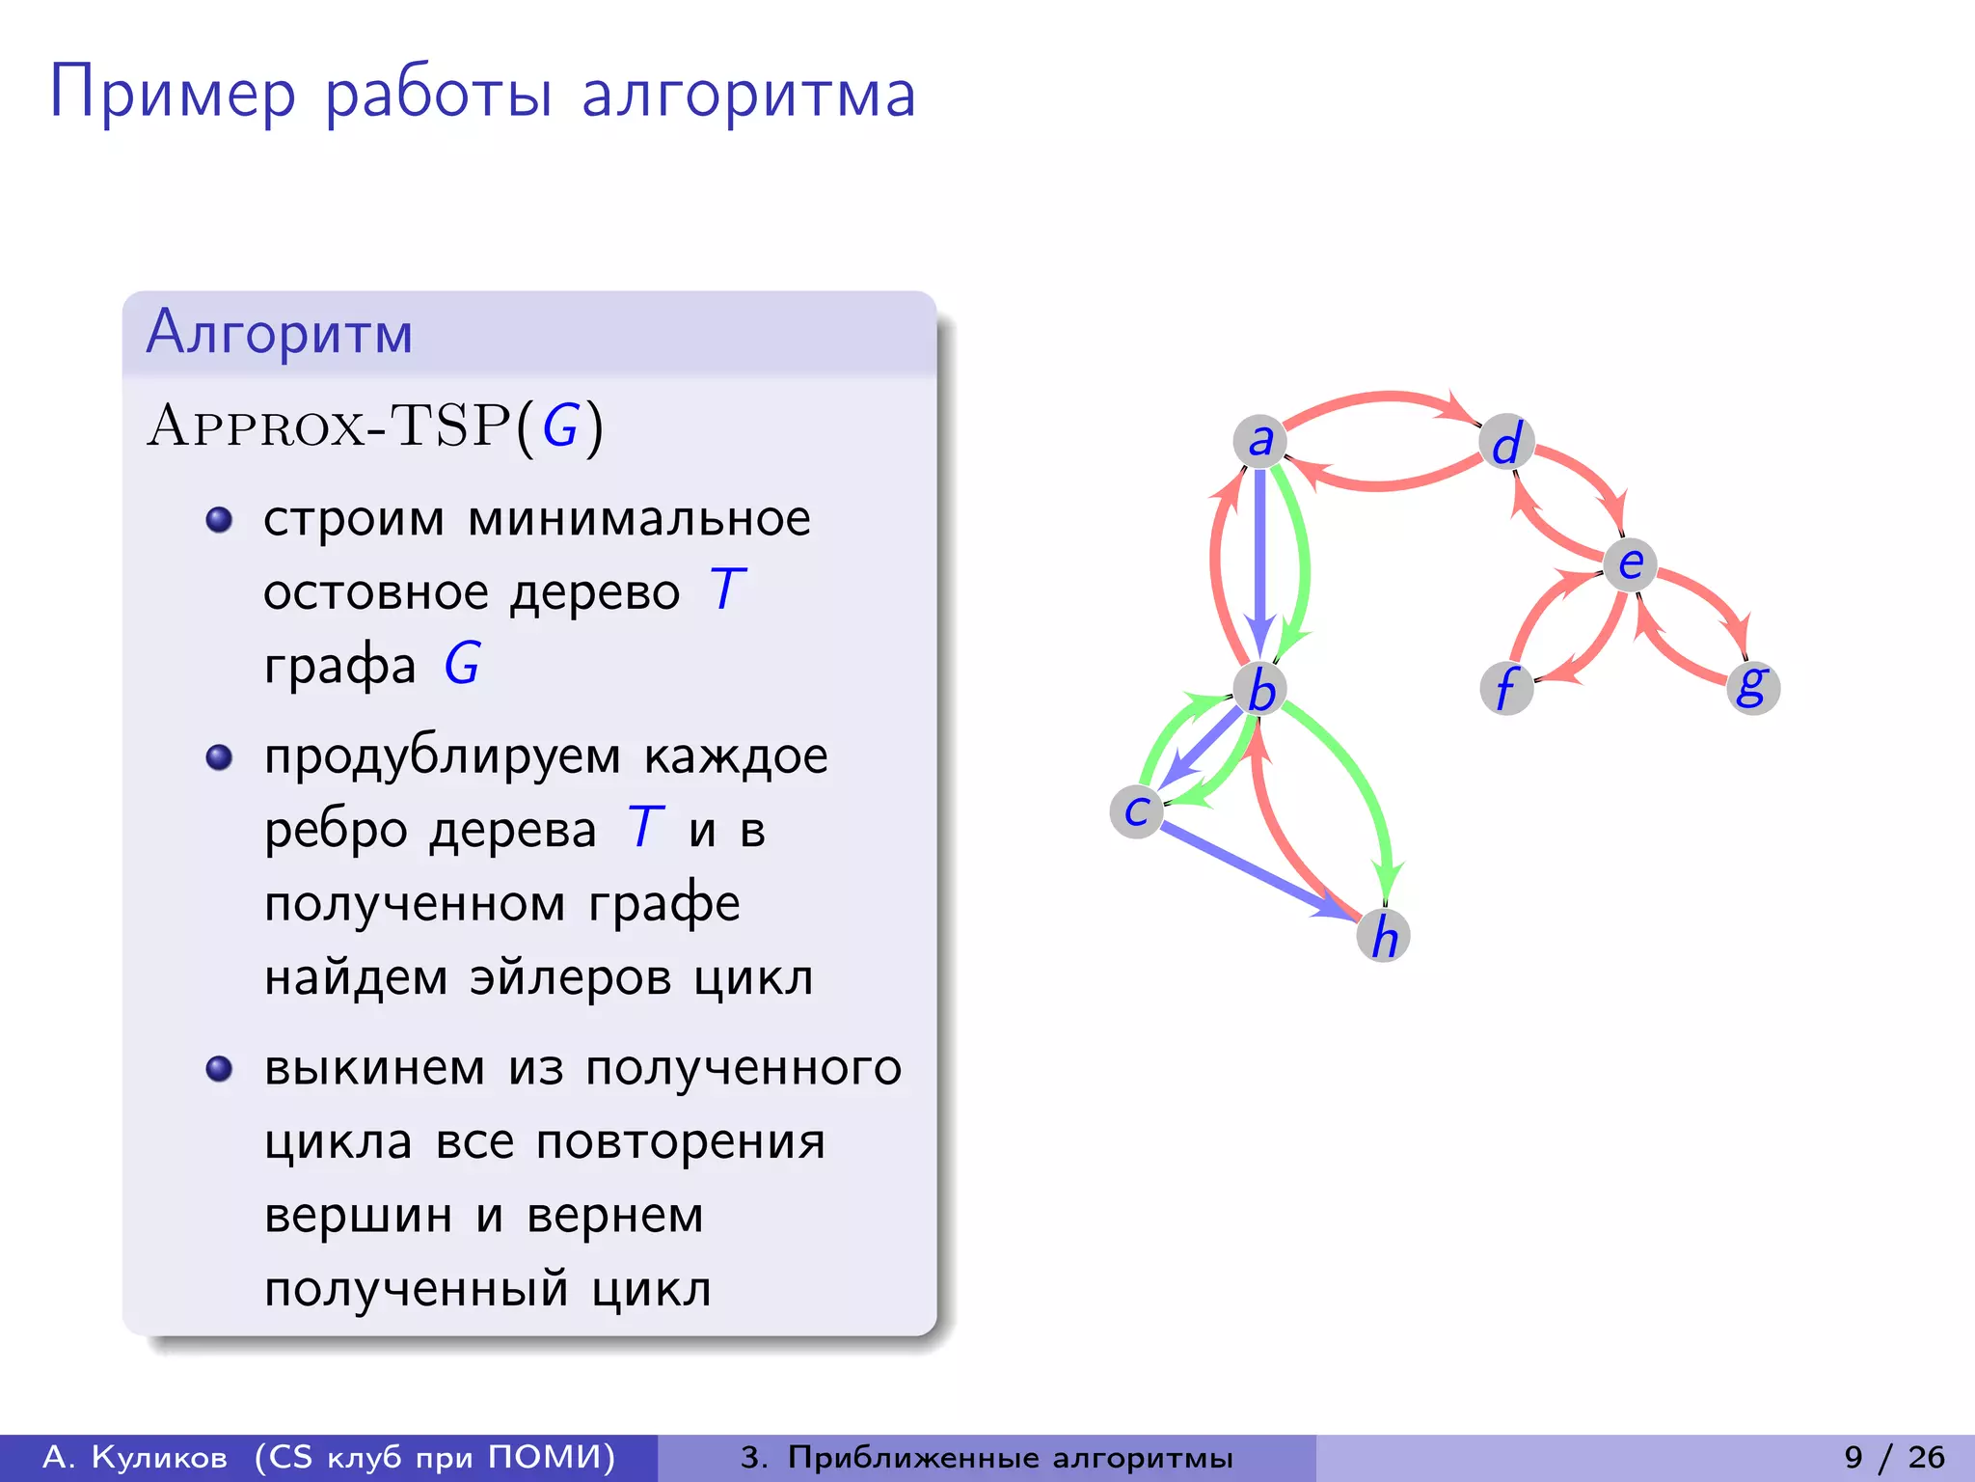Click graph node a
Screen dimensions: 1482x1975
click(1259, 441)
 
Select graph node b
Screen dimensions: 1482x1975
click(1260, 689)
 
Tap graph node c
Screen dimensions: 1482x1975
click(1137, 811)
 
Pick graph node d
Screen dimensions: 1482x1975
click(1506, 442)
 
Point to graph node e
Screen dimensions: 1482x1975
click(1630, 564)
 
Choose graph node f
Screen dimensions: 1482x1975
click(1506, 689)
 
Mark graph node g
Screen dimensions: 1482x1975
click(1752, 687)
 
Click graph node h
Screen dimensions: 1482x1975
click(1384, 935)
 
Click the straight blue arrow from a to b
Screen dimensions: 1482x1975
click(1259, 560)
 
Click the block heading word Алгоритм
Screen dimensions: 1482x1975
click(280, 333)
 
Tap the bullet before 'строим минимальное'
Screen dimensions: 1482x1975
click(220, 520)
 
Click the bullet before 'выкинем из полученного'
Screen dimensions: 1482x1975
click(220, 1069)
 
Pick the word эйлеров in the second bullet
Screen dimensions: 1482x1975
click(570, 977)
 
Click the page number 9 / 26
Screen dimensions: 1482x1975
click(1894, 1457)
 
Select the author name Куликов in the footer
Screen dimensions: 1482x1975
click(159, 1457)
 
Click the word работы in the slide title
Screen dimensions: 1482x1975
click(439, 95)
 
